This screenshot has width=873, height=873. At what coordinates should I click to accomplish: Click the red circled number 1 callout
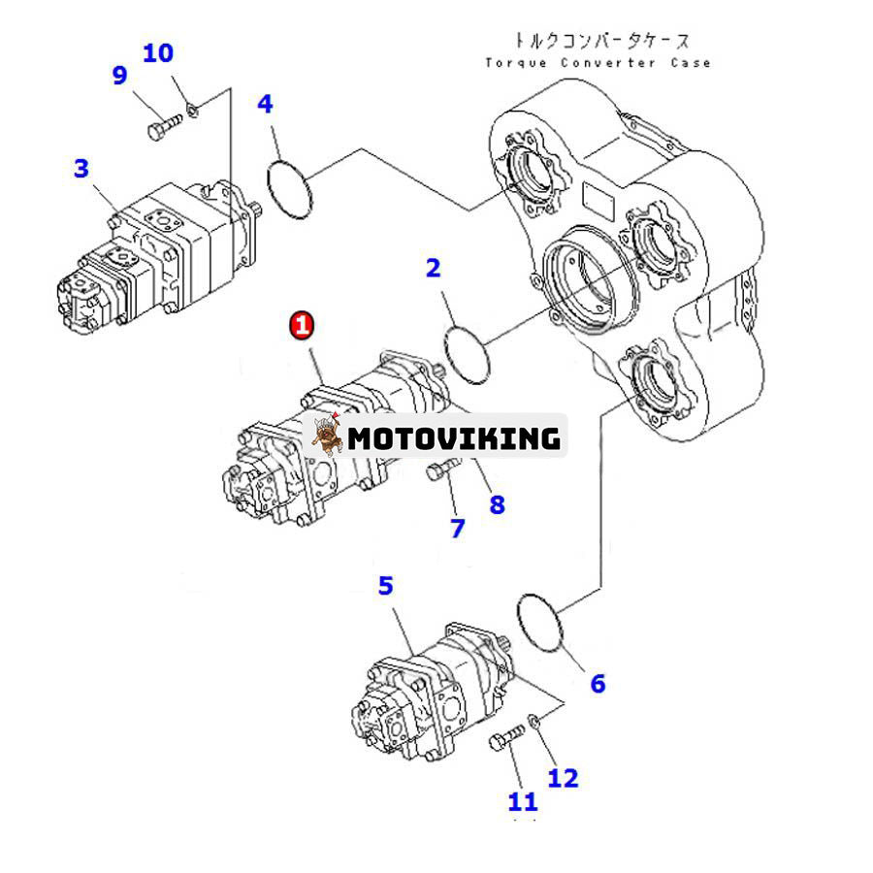click(x=303, y=325)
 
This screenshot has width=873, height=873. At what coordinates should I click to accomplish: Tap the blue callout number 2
click(x=434, y=268)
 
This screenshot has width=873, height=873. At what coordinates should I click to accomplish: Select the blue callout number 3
click(x=81, y=169)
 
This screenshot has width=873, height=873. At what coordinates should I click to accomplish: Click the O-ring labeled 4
click(x=290, y=185)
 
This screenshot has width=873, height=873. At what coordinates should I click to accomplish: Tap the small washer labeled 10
click(x=192, y=109)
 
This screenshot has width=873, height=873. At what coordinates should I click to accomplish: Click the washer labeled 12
click(x=534, y=721)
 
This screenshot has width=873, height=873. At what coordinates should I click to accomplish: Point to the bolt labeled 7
click(x=439, y=472)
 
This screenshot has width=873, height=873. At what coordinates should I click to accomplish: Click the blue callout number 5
click(x=386, y=585)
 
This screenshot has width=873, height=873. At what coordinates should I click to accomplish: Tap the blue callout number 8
click(x=497, y=504)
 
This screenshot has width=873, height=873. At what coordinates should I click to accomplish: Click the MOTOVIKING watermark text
click(x=454, y=438)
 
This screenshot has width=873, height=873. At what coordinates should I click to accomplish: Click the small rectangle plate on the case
click(x=597, y=203)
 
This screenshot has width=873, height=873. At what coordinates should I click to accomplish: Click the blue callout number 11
click(x=523, y=801)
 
